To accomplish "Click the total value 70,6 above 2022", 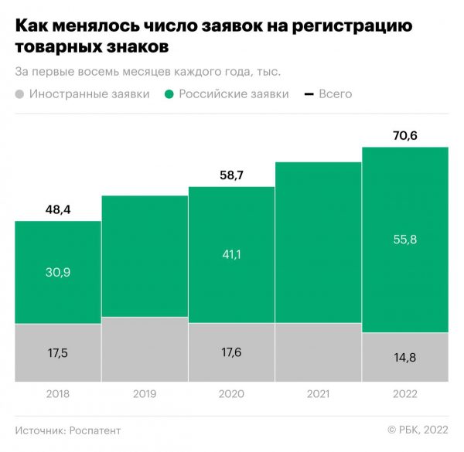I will pyautogui.click(x=405, y=136).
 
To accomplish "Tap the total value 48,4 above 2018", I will pyautogui.click(x=58, y=209).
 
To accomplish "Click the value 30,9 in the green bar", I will pyautogui.click(x=58, y=272).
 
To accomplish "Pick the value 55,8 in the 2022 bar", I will pyautogui.click(x=405, y=240).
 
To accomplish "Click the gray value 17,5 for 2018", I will pyautogui.click(x=58, y=352).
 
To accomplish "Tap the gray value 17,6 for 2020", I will pyautogui.click(x=231, y=352).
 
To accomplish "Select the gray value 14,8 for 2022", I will pyautogui.click(x=405, y=357).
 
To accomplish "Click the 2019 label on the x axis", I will pyautogui.click(x=145, y=394).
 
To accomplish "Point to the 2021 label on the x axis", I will pyautogui.click(x=318, y=394).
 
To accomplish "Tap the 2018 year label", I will pyautogui.click(x=58, y=394).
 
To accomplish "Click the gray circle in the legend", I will pyautogui.click(x=20, y=94).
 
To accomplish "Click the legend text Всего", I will pyautogui.click(x=334, y=94).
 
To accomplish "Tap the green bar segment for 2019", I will pyautogui.click(x=145, y=255).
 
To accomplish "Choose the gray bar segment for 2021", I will pyautogui.click(x=318, y=352).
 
